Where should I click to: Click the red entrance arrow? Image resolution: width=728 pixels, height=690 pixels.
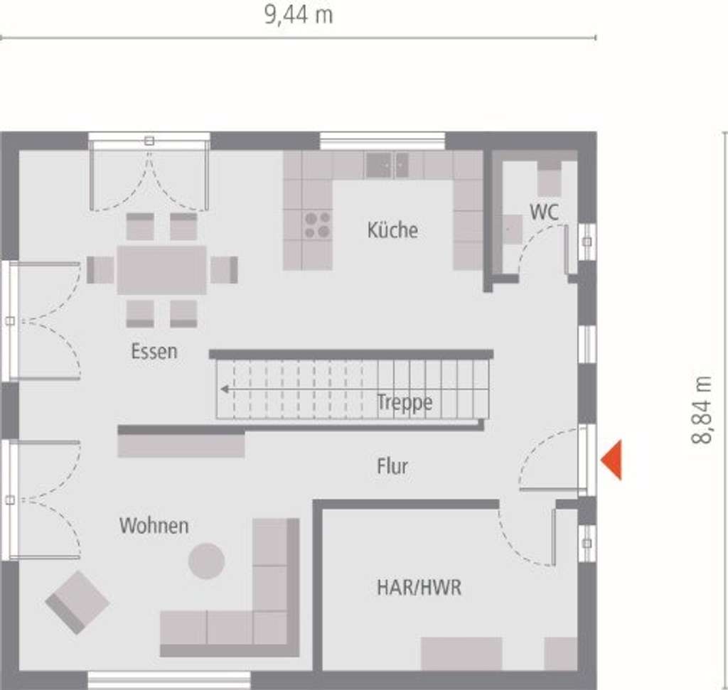pos(612,460)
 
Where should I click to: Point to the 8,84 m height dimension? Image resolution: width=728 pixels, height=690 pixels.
pos(702,410)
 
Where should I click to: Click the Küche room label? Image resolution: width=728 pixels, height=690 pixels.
pos(392,230)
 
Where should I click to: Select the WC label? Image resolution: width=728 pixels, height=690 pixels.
pos(544,212)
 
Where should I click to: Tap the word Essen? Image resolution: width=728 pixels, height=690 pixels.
pos(154,351)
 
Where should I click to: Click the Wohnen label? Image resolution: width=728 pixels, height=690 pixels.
pos(154,526)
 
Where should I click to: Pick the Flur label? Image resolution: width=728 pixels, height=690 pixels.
pos(392,467)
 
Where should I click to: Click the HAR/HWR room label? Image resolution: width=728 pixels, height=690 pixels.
pos(419,588)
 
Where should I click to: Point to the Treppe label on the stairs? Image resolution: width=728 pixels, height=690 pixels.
pos(405,403)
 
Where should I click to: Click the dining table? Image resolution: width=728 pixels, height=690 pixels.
pos(161,269)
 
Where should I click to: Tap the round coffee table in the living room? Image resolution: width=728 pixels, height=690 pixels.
pos(206,561)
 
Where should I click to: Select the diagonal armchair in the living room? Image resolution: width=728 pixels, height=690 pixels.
pos(77,602)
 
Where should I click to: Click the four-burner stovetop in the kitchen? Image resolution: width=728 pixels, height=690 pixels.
pos(317,225)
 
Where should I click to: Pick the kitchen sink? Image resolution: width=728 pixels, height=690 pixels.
pos(387,165)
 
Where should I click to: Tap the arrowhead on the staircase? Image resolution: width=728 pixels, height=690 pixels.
pos(224,389)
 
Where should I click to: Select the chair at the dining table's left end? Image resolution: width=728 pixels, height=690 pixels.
pos(100,269)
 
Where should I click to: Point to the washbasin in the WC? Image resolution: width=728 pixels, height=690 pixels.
pos(512,229)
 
